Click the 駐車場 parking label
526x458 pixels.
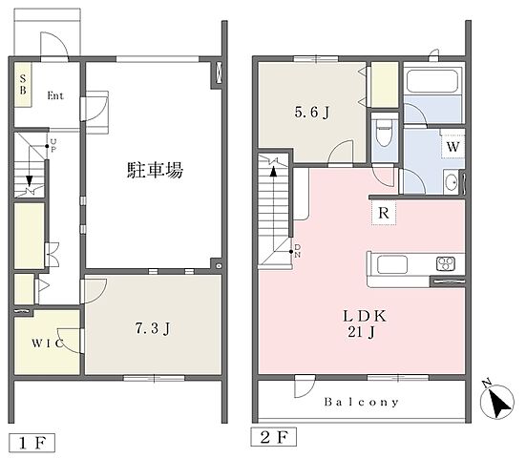pyautogui.click(x=155, y=170)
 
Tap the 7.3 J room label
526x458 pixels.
pyautogui.click(x=153, y=328)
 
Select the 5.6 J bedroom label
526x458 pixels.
pyautogui.click(x=312, y=113)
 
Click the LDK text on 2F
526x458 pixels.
pyautogui.click(x=365, y=316)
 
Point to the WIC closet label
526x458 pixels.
pyautogui.click(x=48, y=343)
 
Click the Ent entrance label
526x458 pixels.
pyautogui.click(x=55, y=95)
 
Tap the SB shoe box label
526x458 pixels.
pyautogui.click(x=23, y=85)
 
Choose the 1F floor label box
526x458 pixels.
pyautogui.click(x=32, y=444)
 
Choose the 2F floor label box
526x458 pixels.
pyautogui.click(x=274, y=437)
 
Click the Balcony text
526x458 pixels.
pyautogui.click(x=362, y=402)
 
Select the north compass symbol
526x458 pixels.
pyautogui.click(x=496, y=400)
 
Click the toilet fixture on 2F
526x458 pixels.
pyautogui.click(x=384, y=133)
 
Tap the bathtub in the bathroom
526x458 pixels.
pyautogui.click(x=432, y=81)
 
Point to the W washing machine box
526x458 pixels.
pyautogui.click(x=452, y=147)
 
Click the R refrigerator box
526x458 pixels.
pyautogui.click(x=384, y=213)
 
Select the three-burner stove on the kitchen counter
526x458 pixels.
pyautogui.click(x=446, y=263)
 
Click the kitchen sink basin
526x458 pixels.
pyautogui.click(x=392, y=264)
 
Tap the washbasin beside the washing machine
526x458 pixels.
pyautogui.click(x=452, y=182)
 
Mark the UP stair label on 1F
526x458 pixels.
pyautogui.click(x=53, y=146)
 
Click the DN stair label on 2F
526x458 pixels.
pyautogui.click(x=297, y=251)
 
